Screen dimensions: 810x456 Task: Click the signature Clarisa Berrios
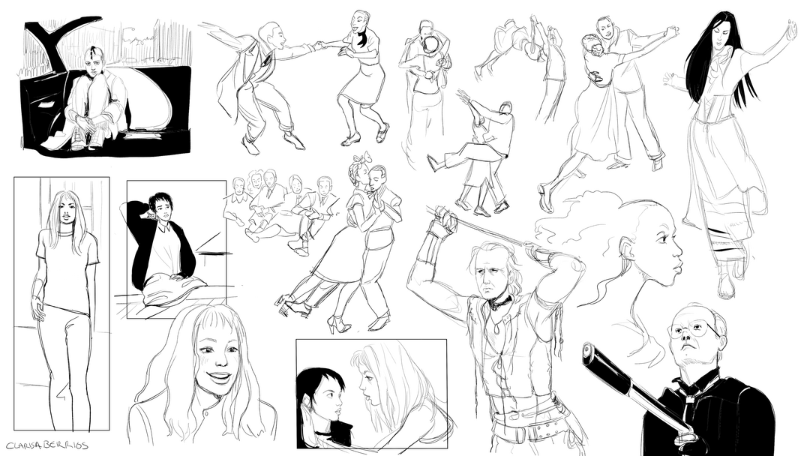(47, 445)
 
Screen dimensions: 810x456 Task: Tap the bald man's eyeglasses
(690, 329)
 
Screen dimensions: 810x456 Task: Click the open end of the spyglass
(589, 354)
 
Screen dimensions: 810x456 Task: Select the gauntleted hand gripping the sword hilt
(445, 220)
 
